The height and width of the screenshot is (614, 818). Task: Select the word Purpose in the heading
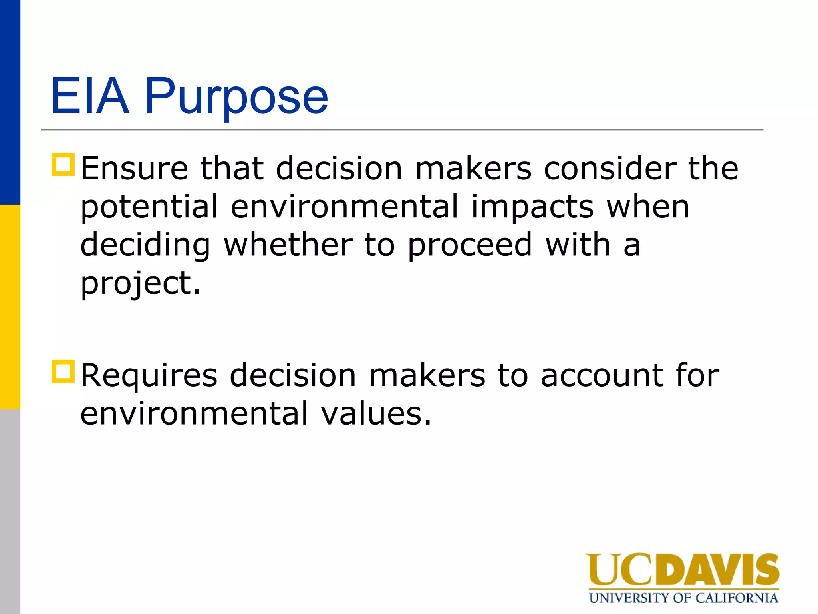click(x=236, y=98)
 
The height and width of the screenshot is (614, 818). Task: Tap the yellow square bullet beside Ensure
click(x=63, y=165)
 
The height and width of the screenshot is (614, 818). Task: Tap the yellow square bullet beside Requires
click(x=63, y=372)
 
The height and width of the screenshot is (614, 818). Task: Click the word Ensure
click(x=134, y=169)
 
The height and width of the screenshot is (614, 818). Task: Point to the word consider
click(x=610, y=169)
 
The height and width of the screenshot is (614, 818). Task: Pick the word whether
click(x=288, y=245)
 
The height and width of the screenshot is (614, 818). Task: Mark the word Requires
click(x=149, y=376)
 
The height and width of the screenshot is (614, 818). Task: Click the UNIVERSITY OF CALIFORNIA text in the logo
click(x=683, y=598)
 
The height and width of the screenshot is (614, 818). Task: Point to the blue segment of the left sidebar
click(x=10, y=102)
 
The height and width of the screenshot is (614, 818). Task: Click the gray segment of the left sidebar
click(x=10, y=512)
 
